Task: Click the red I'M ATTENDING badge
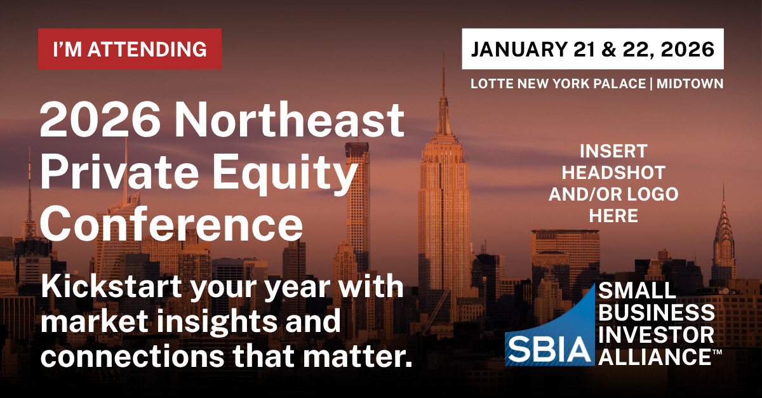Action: [x=130, y=49]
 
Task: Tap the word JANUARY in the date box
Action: [x=519, y=50]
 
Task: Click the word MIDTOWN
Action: [x=690, y=84]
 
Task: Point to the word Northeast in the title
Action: [x=290, y=120]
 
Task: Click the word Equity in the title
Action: [x=284, y=173]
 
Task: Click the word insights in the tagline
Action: [x=217, y=321]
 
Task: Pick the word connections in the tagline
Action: [x=132, y=357]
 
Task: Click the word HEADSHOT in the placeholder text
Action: [x=613, y=173]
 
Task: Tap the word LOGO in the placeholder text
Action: [x=653, y=194]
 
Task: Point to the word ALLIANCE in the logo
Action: [x=655, y=357]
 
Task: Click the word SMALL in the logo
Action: [x=637, y=291]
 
